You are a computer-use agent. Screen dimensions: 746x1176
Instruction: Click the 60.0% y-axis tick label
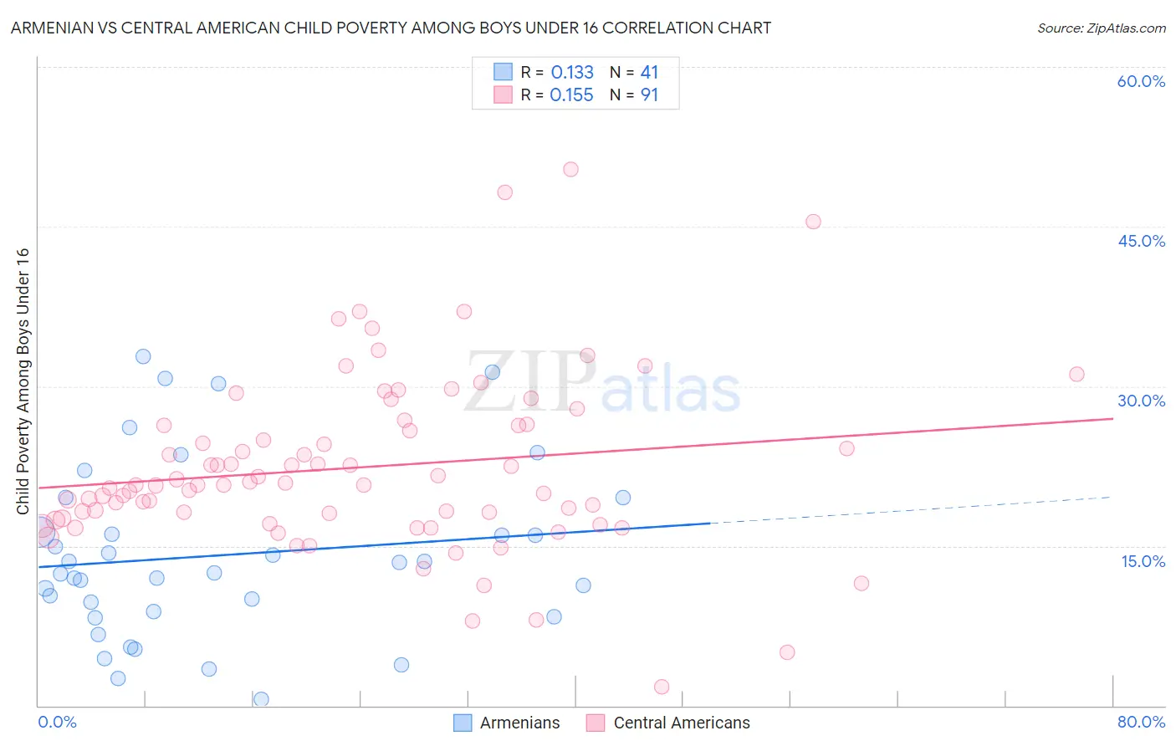click(1141, 81)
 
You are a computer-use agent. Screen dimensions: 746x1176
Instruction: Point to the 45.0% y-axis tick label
click(1141, 241)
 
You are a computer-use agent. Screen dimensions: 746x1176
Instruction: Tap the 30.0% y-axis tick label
click(1141, 401)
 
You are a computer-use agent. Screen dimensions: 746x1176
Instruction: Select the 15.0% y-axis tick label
click(1143, 561)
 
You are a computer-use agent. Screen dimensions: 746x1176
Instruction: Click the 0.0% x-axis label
click(57, 722)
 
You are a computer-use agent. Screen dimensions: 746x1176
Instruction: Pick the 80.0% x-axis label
click(1141, 722)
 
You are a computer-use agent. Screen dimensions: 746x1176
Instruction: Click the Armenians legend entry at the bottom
click(519, 723)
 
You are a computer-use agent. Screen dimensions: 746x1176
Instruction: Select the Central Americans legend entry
click(681, 723)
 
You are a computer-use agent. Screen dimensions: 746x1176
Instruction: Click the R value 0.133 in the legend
click(572, 73)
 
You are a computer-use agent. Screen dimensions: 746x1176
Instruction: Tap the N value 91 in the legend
click(649, 95)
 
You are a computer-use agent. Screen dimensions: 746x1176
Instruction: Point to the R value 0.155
click(572, 95)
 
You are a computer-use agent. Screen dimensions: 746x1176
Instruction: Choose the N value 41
click(649, 73)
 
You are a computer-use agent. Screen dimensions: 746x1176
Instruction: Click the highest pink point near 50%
click(570, 169)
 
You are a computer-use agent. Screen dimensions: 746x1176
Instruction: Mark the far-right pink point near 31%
click(1076, 374)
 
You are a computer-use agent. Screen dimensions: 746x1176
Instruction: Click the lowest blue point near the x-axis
click(261, 699)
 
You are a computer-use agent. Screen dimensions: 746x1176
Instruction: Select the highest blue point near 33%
click(143, 356)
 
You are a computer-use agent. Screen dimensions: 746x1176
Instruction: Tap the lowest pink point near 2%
click(662, 687)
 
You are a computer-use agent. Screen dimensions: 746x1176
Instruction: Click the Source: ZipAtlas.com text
click(1101, 28)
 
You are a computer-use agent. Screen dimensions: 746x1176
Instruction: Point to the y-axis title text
click(23, 381)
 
